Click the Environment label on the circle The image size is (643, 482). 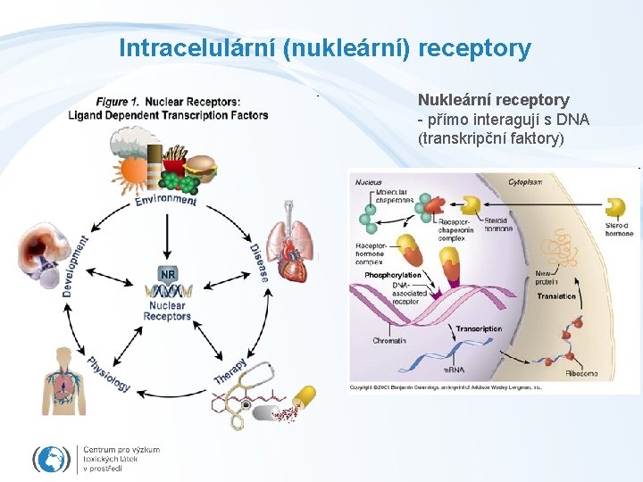coord(166,199)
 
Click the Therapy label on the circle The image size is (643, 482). coord(231,370)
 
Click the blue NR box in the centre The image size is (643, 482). coord(167,273)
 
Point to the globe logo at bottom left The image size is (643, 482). coord(51,459)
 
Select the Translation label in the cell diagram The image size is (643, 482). coord(556,295)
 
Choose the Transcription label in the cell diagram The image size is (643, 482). coord(479,329)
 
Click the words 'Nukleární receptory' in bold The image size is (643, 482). coord(493,100)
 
